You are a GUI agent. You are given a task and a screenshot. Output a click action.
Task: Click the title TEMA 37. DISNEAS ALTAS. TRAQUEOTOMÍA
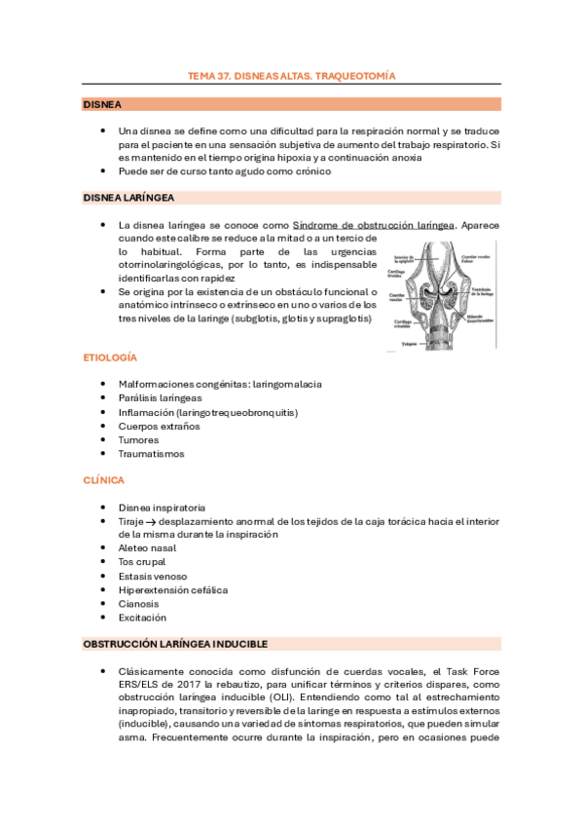point(291,75)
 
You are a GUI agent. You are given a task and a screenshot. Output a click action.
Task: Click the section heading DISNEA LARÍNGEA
point(128,198)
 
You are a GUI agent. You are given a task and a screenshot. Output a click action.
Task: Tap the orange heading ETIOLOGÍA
point(109,357)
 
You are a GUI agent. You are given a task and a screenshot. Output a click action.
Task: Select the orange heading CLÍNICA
point(103,480)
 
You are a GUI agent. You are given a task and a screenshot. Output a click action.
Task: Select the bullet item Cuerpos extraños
point(159,426)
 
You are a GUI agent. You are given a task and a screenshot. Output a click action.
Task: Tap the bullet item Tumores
point(138,439)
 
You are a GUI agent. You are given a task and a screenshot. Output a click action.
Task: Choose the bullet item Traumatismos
point(151,453)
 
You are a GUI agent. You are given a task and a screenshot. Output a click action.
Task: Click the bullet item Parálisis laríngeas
point(160,398)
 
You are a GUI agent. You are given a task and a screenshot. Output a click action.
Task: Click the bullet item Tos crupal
point(142,562)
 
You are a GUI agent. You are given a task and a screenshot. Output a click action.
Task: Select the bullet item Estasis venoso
point(153,576)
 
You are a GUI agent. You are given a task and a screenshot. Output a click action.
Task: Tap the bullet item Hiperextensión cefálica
point(173,589)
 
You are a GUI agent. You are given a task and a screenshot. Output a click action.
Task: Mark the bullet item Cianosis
point(138,603)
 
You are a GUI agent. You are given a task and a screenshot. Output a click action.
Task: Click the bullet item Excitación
point(142,617)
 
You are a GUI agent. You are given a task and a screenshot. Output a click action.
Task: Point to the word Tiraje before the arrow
point(130,521)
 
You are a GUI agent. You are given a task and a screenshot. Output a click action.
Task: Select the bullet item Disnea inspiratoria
point(162,507)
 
